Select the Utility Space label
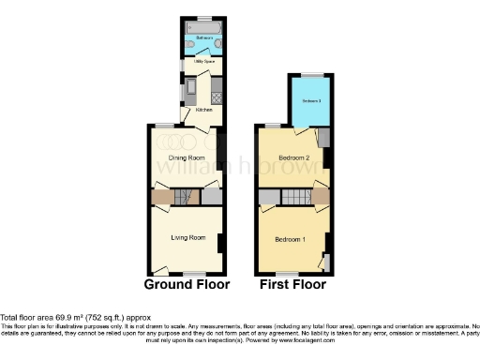[x=204, y=62]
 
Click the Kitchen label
[x=203, y=110]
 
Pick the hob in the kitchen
[x=217, y=96]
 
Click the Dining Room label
[x=186, y=157]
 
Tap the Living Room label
[x=187, y=237]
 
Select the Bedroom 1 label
[x=290, y=240]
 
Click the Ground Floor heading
[x=187, y=284]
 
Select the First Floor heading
[x=292, y=284]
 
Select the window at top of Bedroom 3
[x=310, y=74]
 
